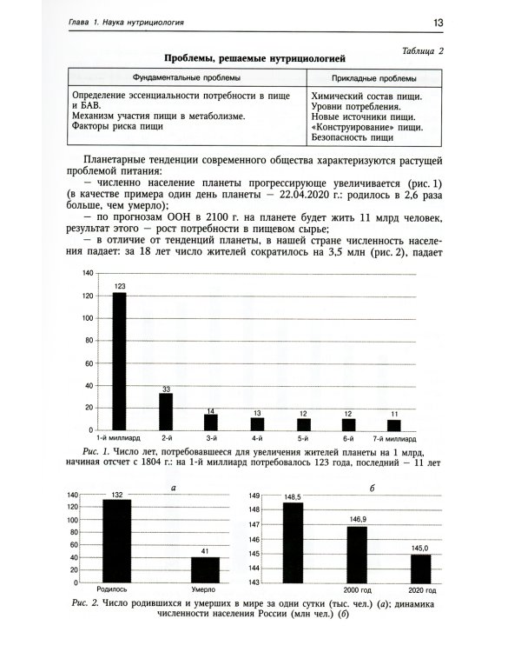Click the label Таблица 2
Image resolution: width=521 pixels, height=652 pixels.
coord(419,50)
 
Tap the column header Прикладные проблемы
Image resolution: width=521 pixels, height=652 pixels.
coord(372,77)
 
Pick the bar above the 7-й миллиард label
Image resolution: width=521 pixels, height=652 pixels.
coord(394,424)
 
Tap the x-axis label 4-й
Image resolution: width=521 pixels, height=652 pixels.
coord(257,439)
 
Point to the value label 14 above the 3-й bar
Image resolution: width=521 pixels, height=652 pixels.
coord(211,410)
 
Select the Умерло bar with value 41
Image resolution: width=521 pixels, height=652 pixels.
coord(205,569)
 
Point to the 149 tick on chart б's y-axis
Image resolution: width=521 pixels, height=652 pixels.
coord(254,496)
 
